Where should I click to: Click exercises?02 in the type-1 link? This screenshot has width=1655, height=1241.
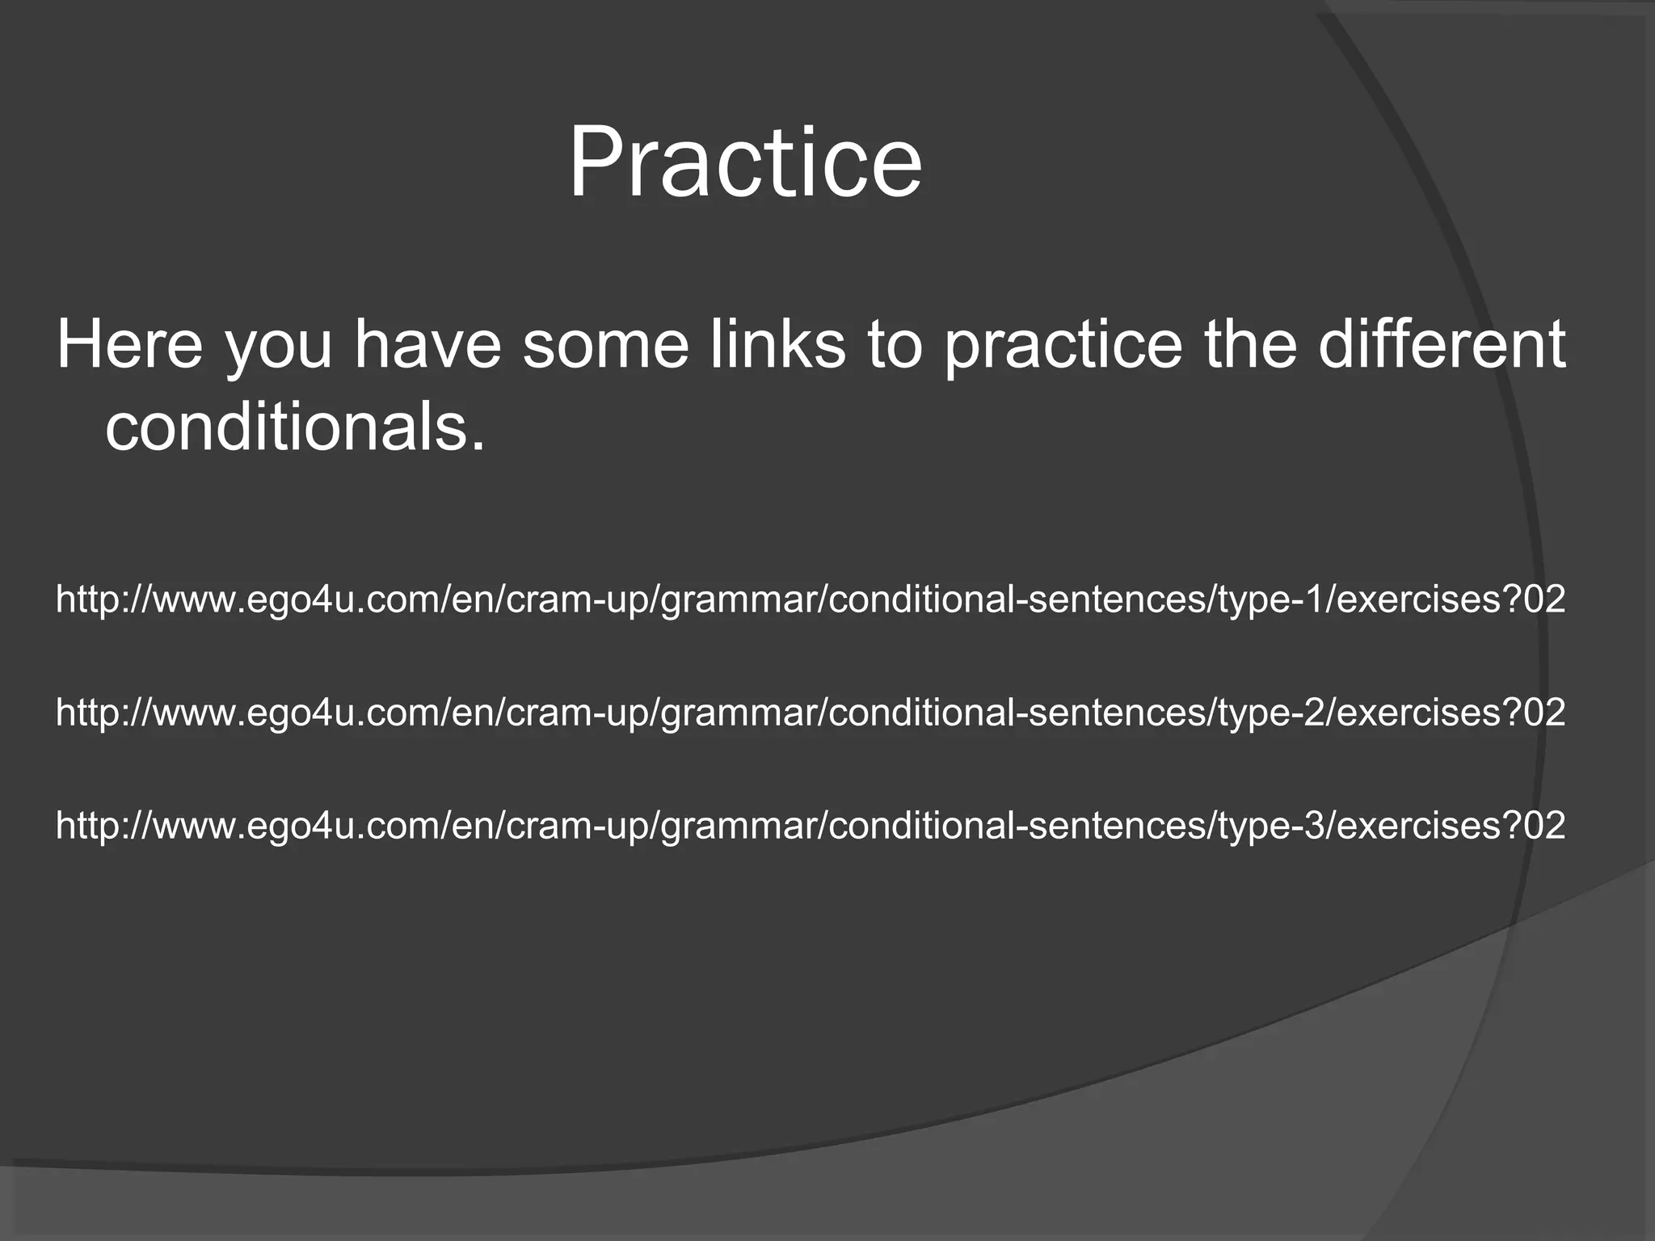(1446, 600)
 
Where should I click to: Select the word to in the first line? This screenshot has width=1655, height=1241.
(894, 346)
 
